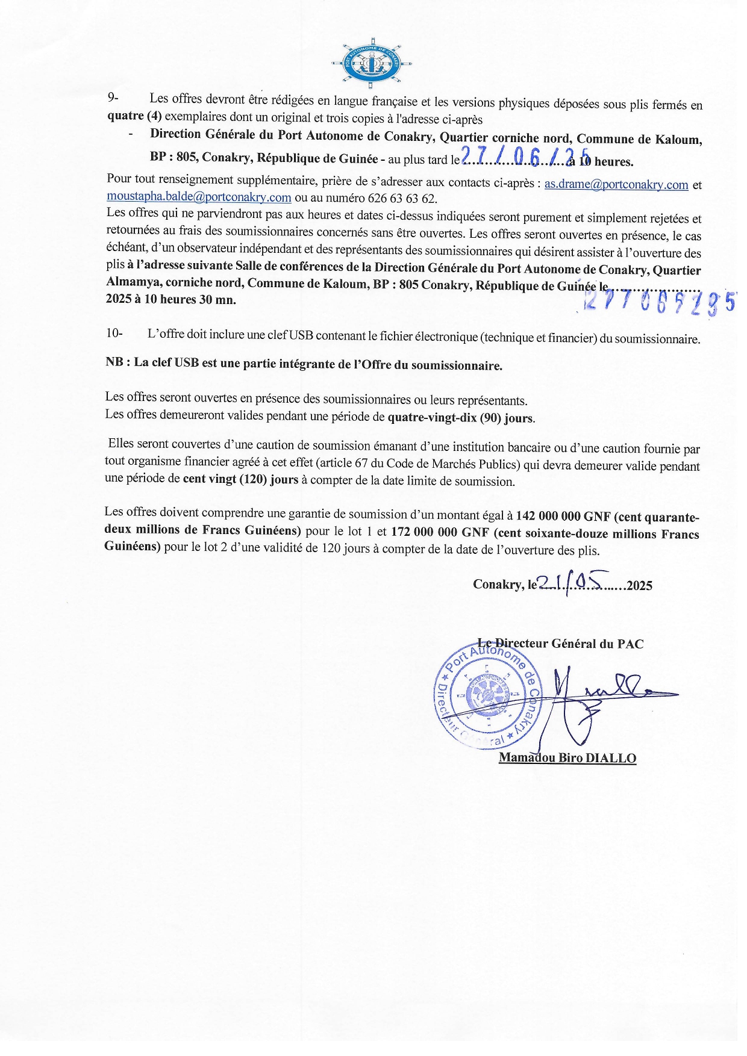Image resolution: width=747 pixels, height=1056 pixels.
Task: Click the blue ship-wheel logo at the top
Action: pyautogui.click(x=371, y=63)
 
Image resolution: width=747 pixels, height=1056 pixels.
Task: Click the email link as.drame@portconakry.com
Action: pyautogui.click(x=616, y=185)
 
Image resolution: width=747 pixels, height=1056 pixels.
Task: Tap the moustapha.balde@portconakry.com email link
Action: pyautogui.click(x=199, y=197)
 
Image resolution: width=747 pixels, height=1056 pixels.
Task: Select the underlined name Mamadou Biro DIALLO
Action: pyautogui.click(x=567, y=758)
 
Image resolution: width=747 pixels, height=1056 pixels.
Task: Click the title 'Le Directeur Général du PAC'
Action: pyautogui.click(x=560, y=644)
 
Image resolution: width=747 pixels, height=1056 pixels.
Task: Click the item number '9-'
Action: pyautogui.click(x=113, y=98)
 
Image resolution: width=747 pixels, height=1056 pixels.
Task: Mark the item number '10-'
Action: pyautogui.click(x=114, y=333)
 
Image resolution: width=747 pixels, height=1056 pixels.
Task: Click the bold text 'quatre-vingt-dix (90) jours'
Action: pyautogui.click(x=461, y=417)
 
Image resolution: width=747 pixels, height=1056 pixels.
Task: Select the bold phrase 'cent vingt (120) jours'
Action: pyautogui.click(x=240, y=480)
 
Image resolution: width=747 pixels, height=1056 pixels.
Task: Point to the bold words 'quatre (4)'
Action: pyautogui.click(x=134, y=116)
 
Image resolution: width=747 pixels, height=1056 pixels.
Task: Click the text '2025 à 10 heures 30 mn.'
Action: pyautogui.click(x=170, y=299)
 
